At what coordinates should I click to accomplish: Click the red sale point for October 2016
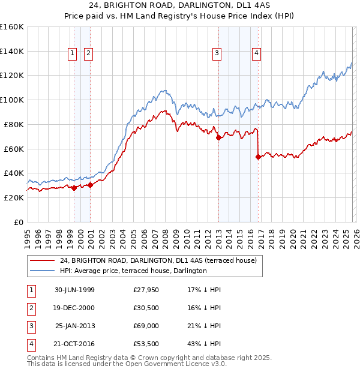(x=258, y=157)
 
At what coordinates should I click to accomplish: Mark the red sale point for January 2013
(x=218, y=138)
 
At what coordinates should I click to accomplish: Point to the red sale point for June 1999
(x=74, y=188)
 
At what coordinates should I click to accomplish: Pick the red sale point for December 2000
(x=90, y=185)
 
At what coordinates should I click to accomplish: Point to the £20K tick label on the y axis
(x=14, y=197)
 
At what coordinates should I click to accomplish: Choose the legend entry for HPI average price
(x=133, y=271)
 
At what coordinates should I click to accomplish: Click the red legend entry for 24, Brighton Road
(x=158, y=260)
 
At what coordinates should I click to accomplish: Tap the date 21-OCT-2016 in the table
(x=74, y=344)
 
